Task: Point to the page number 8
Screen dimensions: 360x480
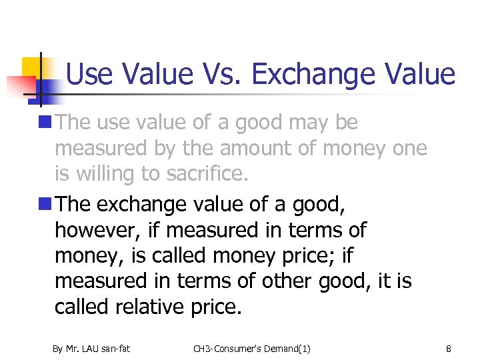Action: tap(449, 348)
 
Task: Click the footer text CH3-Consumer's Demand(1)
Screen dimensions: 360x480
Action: tap(252, 348)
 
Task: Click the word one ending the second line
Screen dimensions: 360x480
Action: tap(409, 149)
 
